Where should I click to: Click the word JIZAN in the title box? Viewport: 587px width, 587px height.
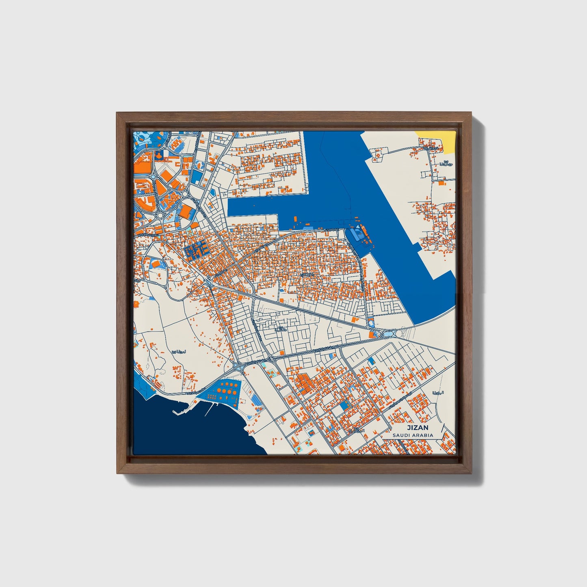point(418,428)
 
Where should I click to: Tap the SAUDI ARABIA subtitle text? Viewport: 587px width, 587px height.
point(413,435)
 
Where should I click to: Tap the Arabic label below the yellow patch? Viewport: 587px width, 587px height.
point(446,164)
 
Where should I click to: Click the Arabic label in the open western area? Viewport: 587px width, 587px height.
point(179,352)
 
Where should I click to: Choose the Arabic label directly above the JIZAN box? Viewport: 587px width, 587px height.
point(438,393)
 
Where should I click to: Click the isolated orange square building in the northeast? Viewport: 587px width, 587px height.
point(441,184)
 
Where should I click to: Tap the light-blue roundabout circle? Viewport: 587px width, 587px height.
point(185,194)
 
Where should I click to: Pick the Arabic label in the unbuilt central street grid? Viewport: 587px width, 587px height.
point(280,329)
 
